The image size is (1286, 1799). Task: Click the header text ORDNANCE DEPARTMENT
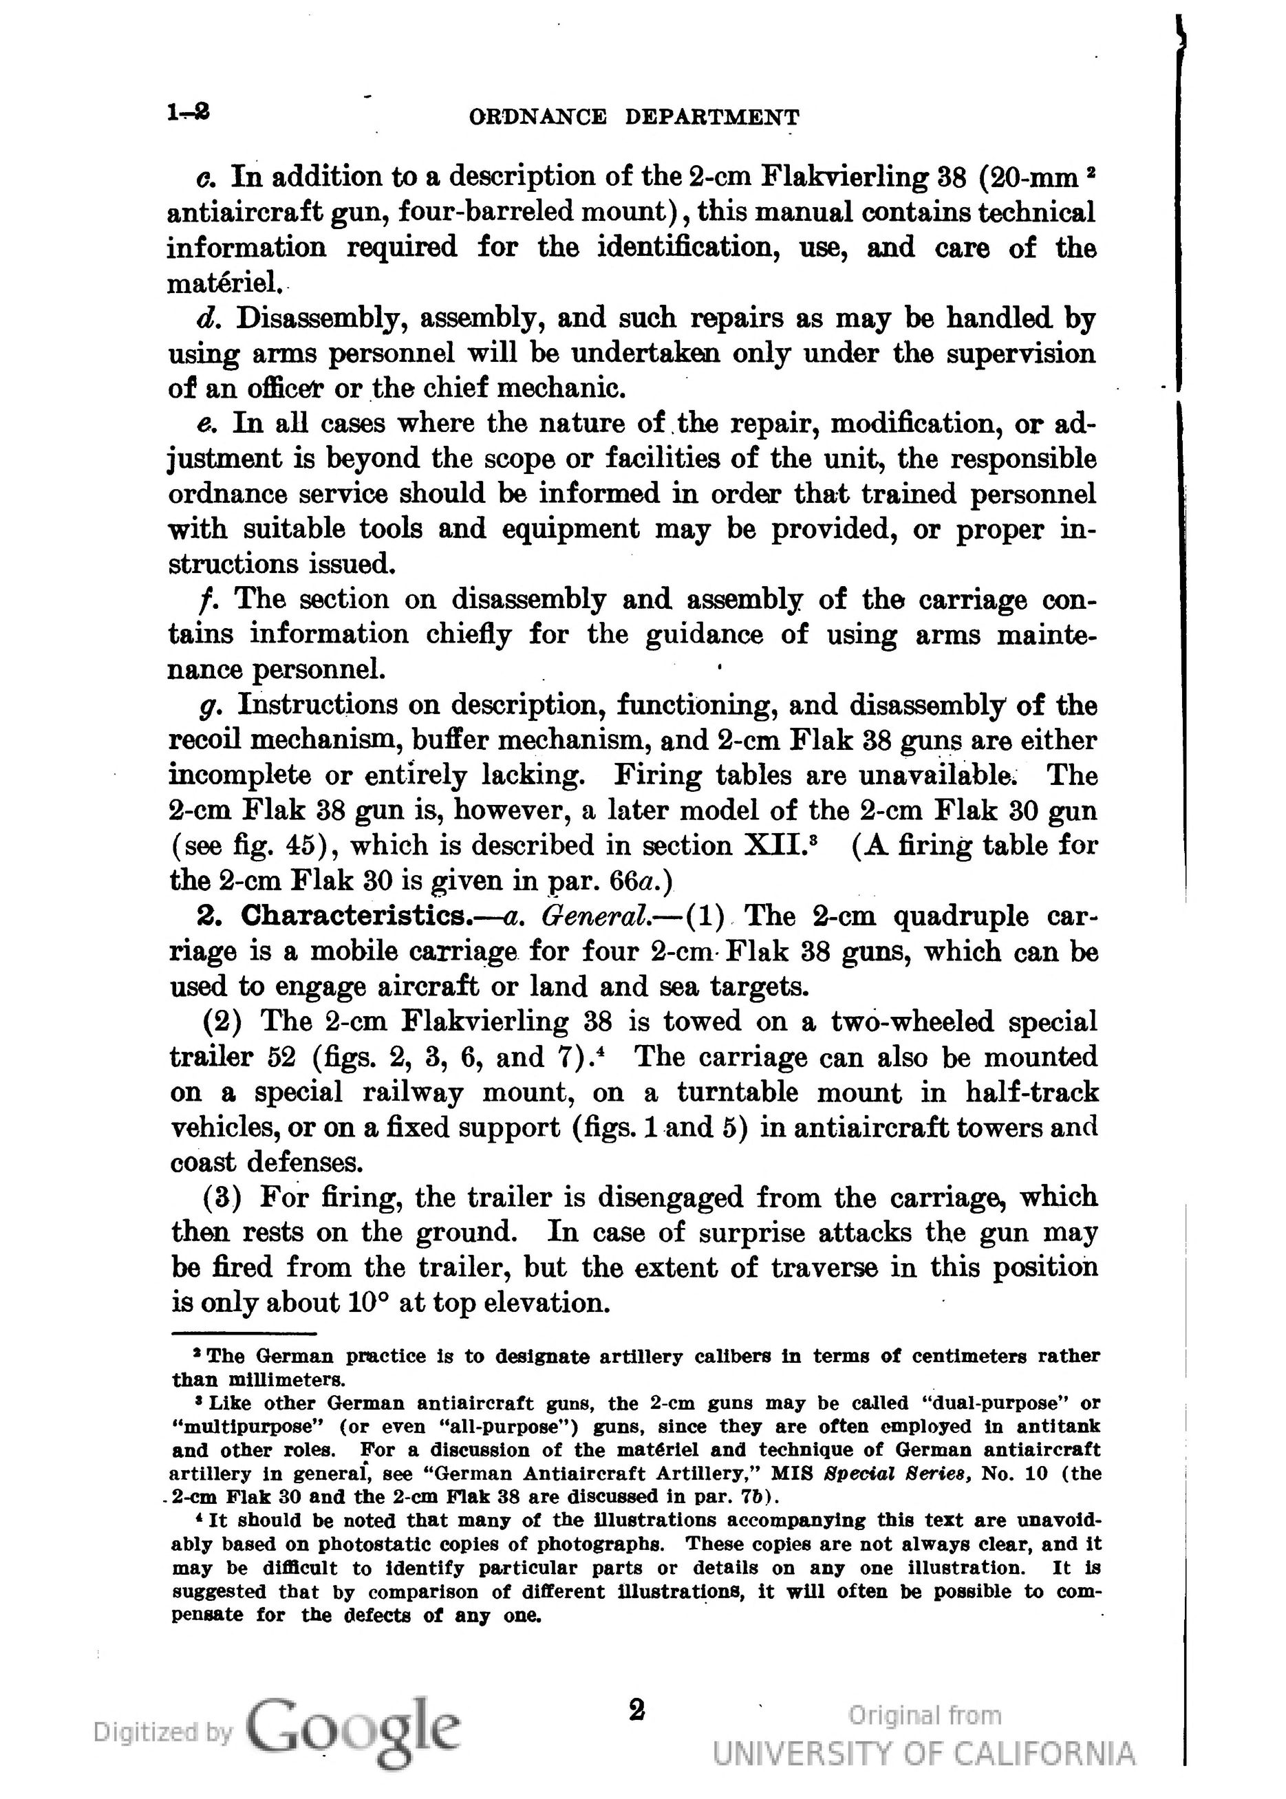[634, 118]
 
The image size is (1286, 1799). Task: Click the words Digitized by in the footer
[163, 1732]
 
